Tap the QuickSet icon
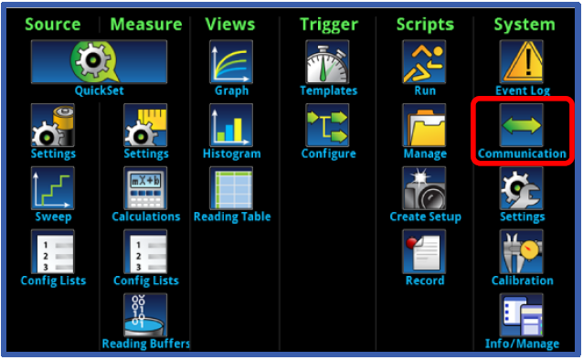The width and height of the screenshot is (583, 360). point(99,62)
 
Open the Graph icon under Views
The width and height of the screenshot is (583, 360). point(231,62)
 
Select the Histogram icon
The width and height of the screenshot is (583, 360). point(231,125)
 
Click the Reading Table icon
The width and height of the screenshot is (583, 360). point(231,189)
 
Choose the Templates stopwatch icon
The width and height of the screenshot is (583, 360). point(328,62)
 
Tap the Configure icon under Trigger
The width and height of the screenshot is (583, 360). point(328,125)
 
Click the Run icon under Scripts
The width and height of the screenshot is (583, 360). point(425,62)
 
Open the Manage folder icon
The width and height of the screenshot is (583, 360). point(425,125)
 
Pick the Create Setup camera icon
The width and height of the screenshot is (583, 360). point(425,189)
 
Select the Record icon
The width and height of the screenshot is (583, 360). point(425,252)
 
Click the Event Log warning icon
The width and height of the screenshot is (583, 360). point(522,62)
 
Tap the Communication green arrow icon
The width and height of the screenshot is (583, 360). point(522,125)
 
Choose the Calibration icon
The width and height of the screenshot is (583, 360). point(522,252)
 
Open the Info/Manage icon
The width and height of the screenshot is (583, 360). point(522,315)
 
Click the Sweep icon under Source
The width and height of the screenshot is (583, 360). point(52,189)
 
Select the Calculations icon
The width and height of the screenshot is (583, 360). point(145,189)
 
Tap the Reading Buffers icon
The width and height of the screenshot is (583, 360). point(145,315)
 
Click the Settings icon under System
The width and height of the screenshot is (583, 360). point(522,189)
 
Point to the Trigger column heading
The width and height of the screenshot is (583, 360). point(328,25)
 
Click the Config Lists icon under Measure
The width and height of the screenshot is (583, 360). point(145,252)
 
